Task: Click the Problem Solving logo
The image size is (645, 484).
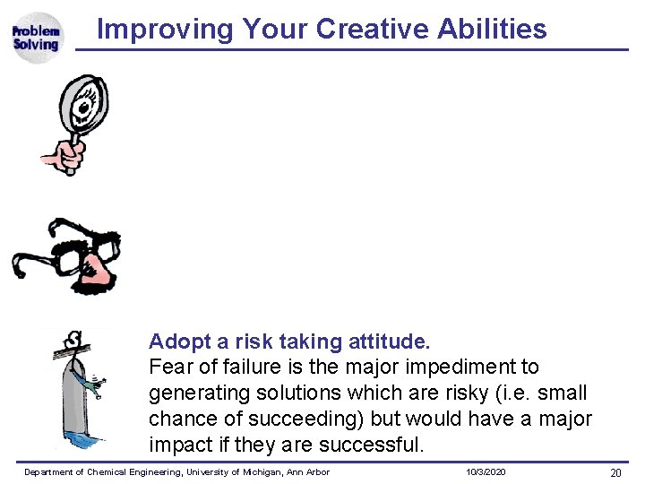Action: click(x=36, y=38)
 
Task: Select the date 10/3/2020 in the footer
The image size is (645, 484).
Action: click(x=486, y=472)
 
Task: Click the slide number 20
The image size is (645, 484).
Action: click(x=615, y=473)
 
